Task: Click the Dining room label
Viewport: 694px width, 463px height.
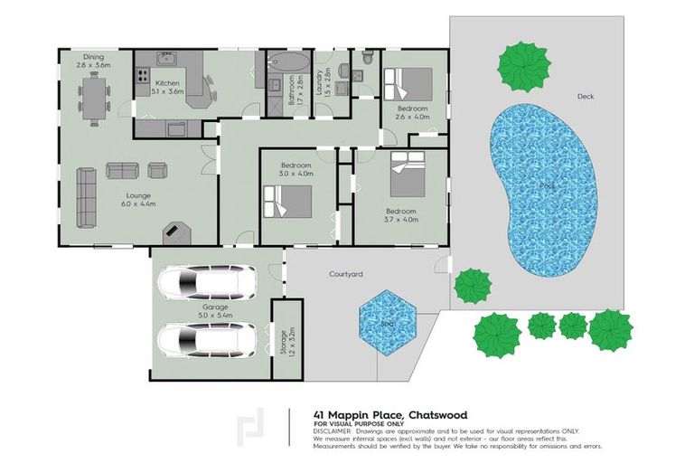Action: (x=94, y=60)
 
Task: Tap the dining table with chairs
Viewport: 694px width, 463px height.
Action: (x=94, y=94)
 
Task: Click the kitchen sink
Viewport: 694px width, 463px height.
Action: (x=168, y=59)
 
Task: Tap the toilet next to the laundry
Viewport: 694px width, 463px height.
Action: (x=368, y=57)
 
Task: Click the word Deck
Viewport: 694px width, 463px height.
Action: (x=585, y=95)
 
